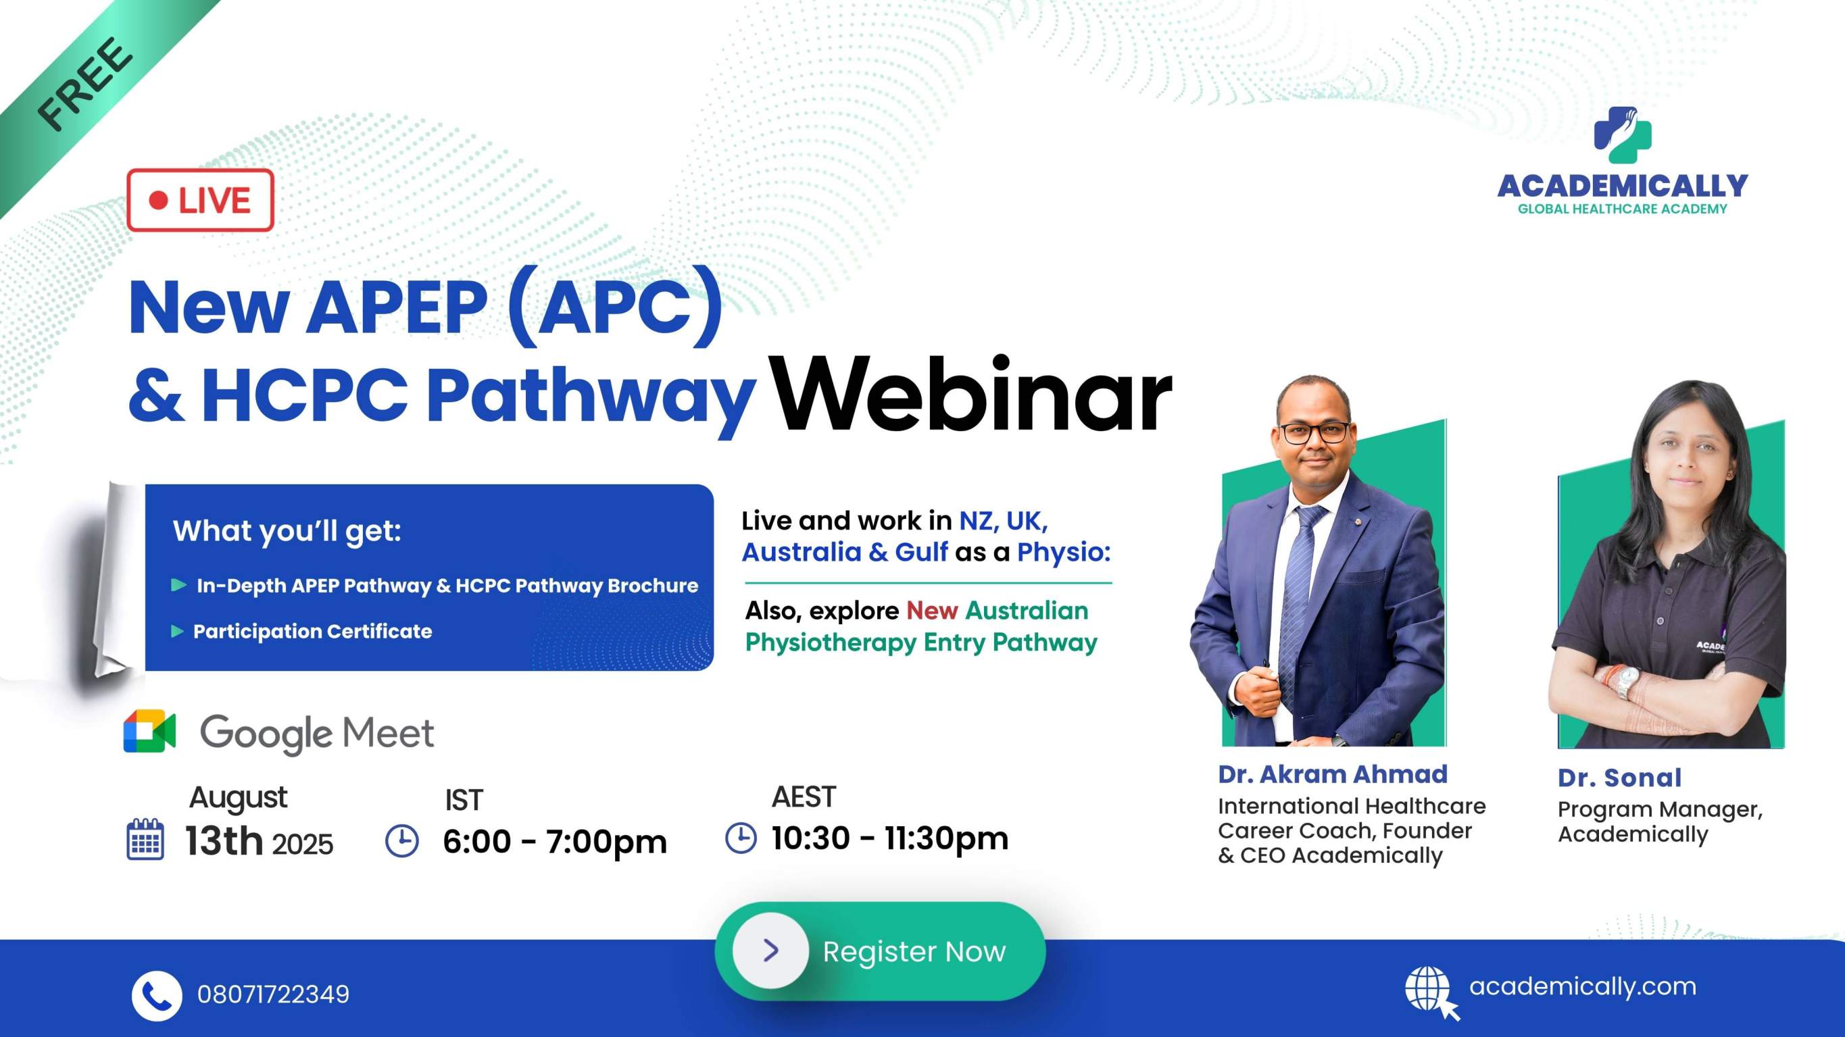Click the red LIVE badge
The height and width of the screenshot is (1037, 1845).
click(201, 200)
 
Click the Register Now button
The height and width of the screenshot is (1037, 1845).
click(880, 951)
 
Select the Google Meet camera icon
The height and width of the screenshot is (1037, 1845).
click(149, 731)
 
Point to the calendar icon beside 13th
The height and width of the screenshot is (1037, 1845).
click(145, 838)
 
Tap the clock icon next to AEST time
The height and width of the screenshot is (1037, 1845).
click(741, 837)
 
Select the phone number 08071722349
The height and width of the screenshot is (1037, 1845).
click(274, 994)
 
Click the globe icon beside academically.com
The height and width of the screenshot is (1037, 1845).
click(1430, 991)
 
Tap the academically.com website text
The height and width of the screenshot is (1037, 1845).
click(1583, 986)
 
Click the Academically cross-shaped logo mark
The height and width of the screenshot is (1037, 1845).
click(1622, 134)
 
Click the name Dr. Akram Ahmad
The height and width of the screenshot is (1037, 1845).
click(1333, 774)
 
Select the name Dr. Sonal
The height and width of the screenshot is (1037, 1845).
click(1620, 777)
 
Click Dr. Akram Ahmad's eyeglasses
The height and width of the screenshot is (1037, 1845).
click(1314, 432)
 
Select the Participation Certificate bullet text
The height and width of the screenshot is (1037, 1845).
click(313, 631)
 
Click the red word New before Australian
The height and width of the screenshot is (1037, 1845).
click(932, 610)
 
